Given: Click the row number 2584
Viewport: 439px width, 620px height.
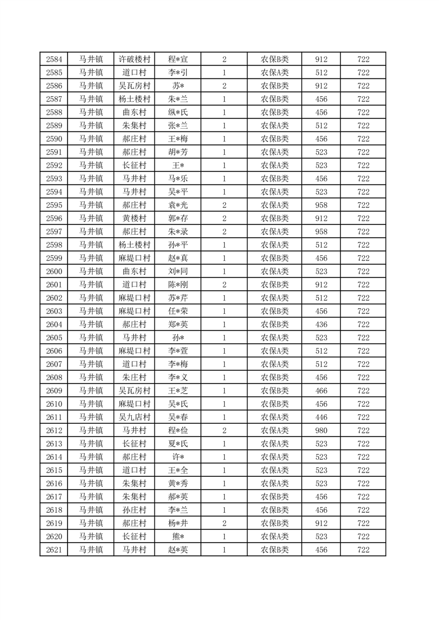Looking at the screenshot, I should (54, 59).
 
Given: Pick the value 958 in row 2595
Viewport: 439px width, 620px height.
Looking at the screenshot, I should (321, 205).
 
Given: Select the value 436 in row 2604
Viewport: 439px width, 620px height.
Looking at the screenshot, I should (321, 324).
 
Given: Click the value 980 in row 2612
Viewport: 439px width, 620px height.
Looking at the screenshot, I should (321, 430).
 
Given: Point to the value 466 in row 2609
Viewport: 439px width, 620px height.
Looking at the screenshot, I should (321, 391).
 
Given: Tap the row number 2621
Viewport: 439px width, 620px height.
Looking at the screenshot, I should (54, 550).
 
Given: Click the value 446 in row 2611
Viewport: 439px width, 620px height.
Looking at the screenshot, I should (321, 417).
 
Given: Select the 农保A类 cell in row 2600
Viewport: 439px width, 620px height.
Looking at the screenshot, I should (275, 271).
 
